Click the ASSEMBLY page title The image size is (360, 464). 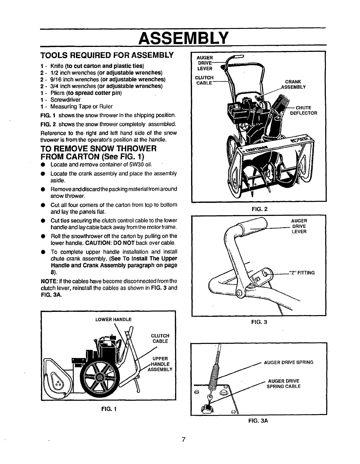(183, 37)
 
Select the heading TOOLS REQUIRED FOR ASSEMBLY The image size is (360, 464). (107, 55)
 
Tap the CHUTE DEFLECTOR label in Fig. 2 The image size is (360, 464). (303, 110)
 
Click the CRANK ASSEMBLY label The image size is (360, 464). (293, 84)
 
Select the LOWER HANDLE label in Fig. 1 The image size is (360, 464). (113, 319)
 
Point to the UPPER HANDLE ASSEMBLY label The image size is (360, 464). (160, 364)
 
